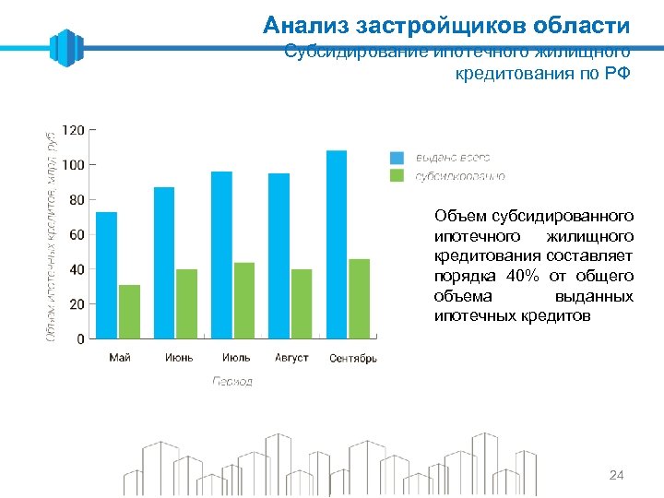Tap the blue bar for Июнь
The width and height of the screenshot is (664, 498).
click(164, 263)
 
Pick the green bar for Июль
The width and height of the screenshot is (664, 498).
click(243, 301)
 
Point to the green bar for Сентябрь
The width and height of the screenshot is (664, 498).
click(359, 299)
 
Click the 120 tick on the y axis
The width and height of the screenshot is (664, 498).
click(73, 130)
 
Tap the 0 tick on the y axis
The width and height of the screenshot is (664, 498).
click(79, 338)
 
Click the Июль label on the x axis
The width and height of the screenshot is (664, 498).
click(235, 358)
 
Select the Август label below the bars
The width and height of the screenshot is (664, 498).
click(291, 358)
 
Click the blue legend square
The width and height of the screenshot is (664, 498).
click(397, 158)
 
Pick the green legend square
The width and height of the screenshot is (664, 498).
click(397, 175)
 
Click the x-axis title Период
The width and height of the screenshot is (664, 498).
click(232, 381)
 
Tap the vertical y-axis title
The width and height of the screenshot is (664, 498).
click(52, 235)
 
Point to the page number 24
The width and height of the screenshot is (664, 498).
click(617, 475)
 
